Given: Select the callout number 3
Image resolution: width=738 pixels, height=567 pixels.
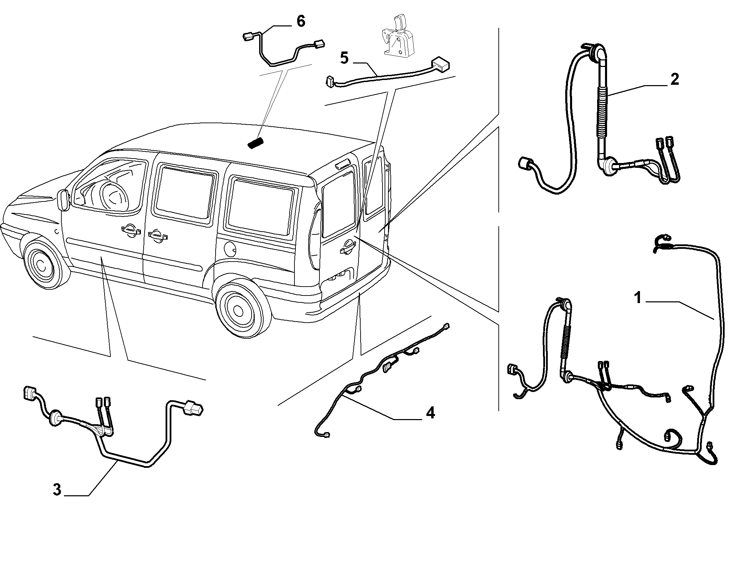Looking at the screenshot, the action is click(57, 489).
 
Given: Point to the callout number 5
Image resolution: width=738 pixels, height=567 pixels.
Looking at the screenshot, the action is click(344, 58).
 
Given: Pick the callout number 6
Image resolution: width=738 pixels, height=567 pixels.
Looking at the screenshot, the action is click(300, 21).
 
